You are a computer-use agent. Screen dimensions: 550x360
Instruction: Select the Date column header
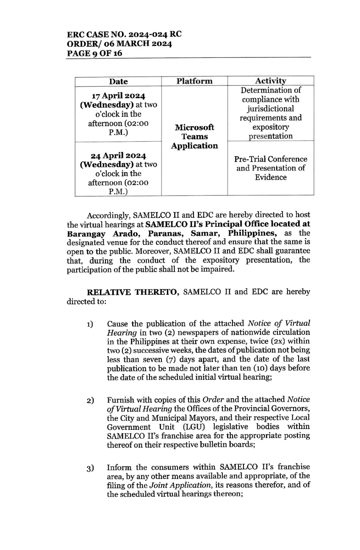coord(118,81)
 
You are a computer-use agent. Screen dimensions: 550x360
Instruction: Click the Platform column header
coord(194,81)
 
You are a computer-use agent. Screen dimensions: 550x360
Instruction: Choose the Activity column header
coord(271,81)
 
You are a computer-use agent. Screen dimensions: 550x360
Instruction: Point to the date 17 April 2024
coord(118,96)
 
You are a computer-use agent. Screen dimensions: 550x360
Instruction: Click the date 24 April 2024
coord(118,155)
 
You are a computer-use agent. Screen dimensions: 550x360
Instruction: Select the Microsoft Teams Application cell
coord(194,137)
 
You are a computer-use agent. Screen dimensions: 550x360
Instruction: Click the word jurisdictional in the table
coord(271,109)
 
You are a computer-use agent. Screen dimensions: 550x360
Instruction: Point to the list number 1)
coord(89,325)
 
